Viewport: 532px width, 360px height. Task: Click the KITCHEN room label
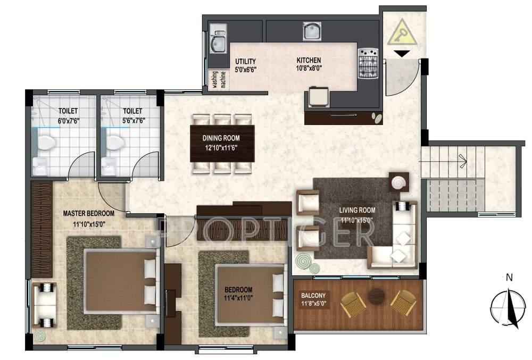tap(309, 60)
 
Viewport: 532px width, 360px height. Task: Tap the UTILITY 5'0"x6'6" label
tap(245, 65)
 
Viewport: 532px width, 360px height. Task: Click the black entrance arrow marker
tap(402, 53)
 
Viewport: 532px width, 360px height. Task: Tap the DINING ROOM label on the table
tap(222, 138)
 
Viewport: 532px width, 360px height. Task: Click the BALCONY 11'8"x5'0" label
tap(313, 299)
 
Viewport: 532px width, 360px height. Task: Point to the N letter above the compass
tap(509, 277)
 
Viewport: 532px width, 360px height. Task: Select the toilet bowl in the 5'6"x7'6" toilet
tap(114, 143)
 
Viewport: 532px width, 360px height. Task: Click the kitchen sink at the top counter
tap(311, 31)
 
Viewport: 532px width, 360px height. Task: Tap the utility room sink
tap(218, 42)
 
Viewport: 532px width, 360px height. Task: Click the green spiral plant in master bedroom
tap(40, 336)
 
